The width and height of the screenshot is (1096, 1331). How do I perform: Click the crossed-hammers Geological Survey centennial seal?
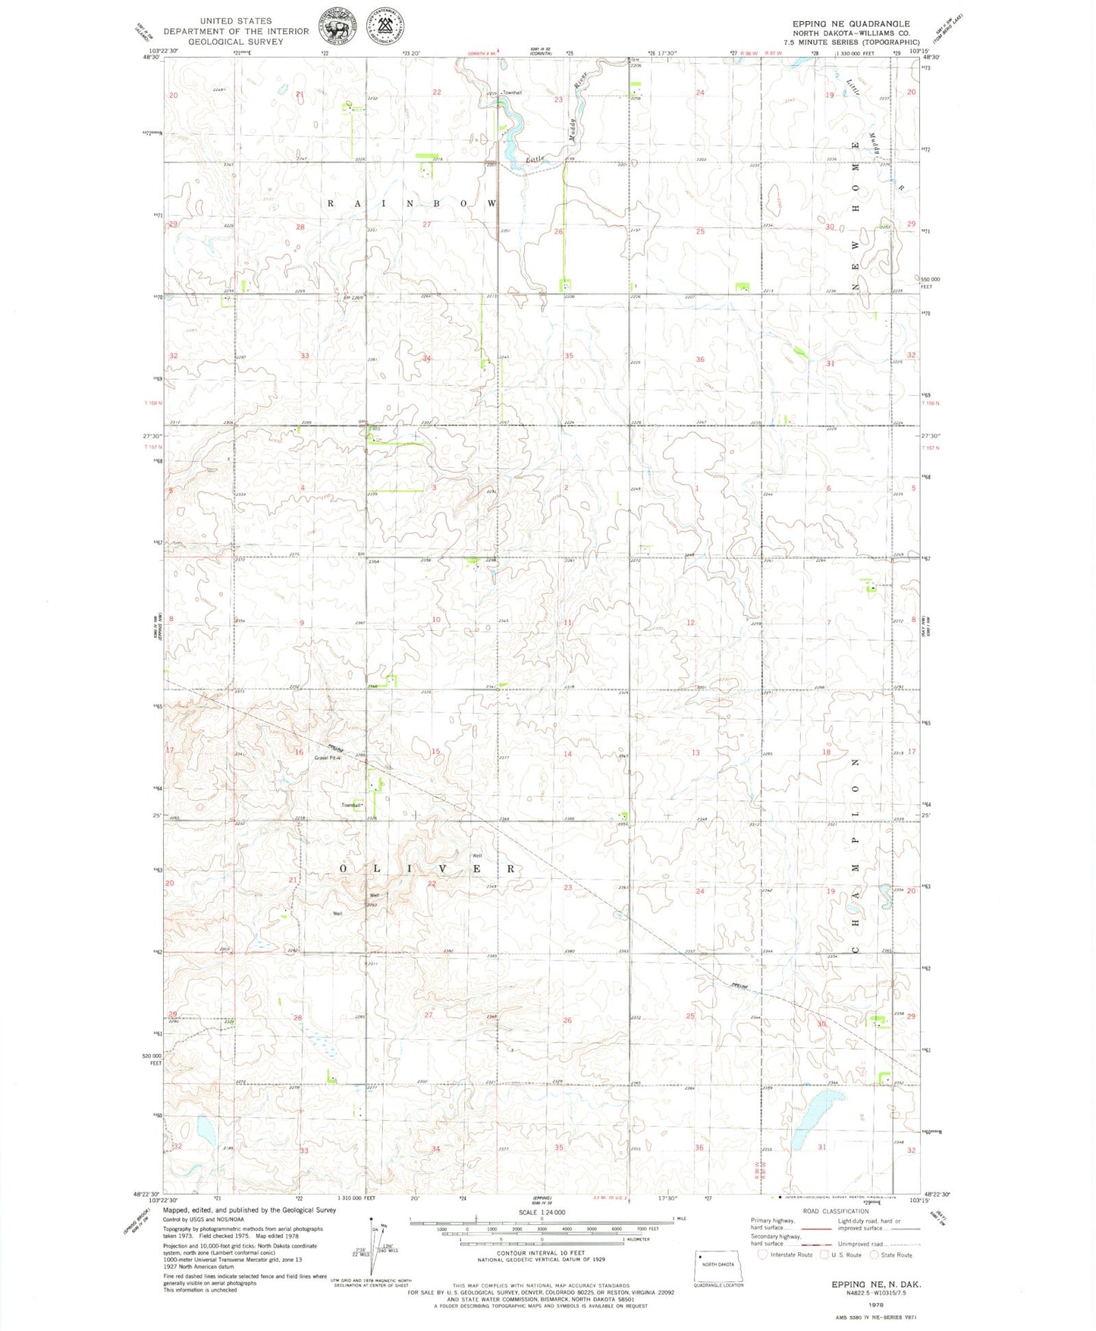click(x=385, y=27)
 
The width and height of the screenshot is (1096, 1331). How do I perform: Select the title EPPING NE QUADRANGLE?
click(x=850, y=24)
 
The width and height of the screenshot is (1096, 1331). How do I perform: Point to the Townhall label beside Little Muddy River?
click(x=513, y=93)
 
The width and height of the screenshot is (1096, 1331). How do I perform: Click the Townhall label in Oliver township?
click(x=352, y=805)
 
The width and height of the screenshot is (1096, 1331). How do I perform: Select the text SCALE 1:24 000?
click(x=542, y=1213)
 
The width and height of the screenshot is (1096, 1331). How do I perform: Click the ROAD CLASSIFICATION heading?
click(x=836, y=1211)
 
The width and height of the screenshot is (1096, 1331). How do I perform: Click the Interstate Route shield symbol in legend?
click(x=764, y=1254)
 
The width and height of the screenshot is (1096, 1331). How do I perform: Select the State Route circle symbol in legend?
click(x=875, y=1254)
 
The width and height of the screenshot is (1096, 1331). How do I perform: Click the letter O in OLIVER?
click(x=343, y=868)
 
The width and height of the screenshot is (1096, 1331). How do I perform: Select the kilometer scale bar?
click(x=542, y=1238)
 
